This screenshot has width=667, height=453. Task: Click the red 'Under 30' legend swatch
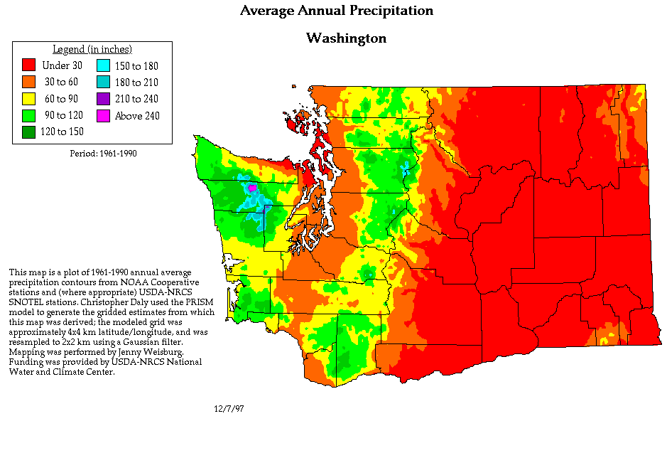(29, 66)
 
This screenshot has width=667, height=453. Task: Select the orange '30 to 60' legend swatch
(29, 82)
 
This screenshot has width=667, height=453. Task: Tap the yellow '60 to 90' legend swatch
(29, 99)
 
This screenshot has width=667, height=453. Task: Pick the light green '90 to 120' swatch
(29, 115)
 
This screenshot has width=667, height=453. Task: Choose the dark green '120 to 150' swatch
(29, 132)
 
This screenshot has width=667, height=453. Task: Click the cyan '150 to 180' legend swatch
(103, 66)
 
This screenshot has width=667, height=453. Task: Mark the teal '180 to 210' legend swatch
(103, 82)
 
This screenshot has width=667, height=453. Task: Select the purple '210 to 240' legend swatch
(103, 99)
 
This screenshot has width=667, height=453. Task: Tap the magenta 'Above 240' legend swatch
(103, 115)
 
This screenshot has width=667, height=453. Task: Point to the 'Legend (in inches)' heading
(92, 49)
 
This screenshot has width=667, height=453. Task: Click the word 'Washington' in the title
(346, 38)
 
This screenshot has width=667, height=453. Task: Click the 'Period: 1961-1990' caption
(103, 153)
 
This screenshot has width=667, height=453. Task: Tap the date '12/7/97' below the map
(228, 409)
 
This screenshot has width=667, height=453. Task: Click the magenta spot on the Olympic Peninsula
(251, 188)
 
